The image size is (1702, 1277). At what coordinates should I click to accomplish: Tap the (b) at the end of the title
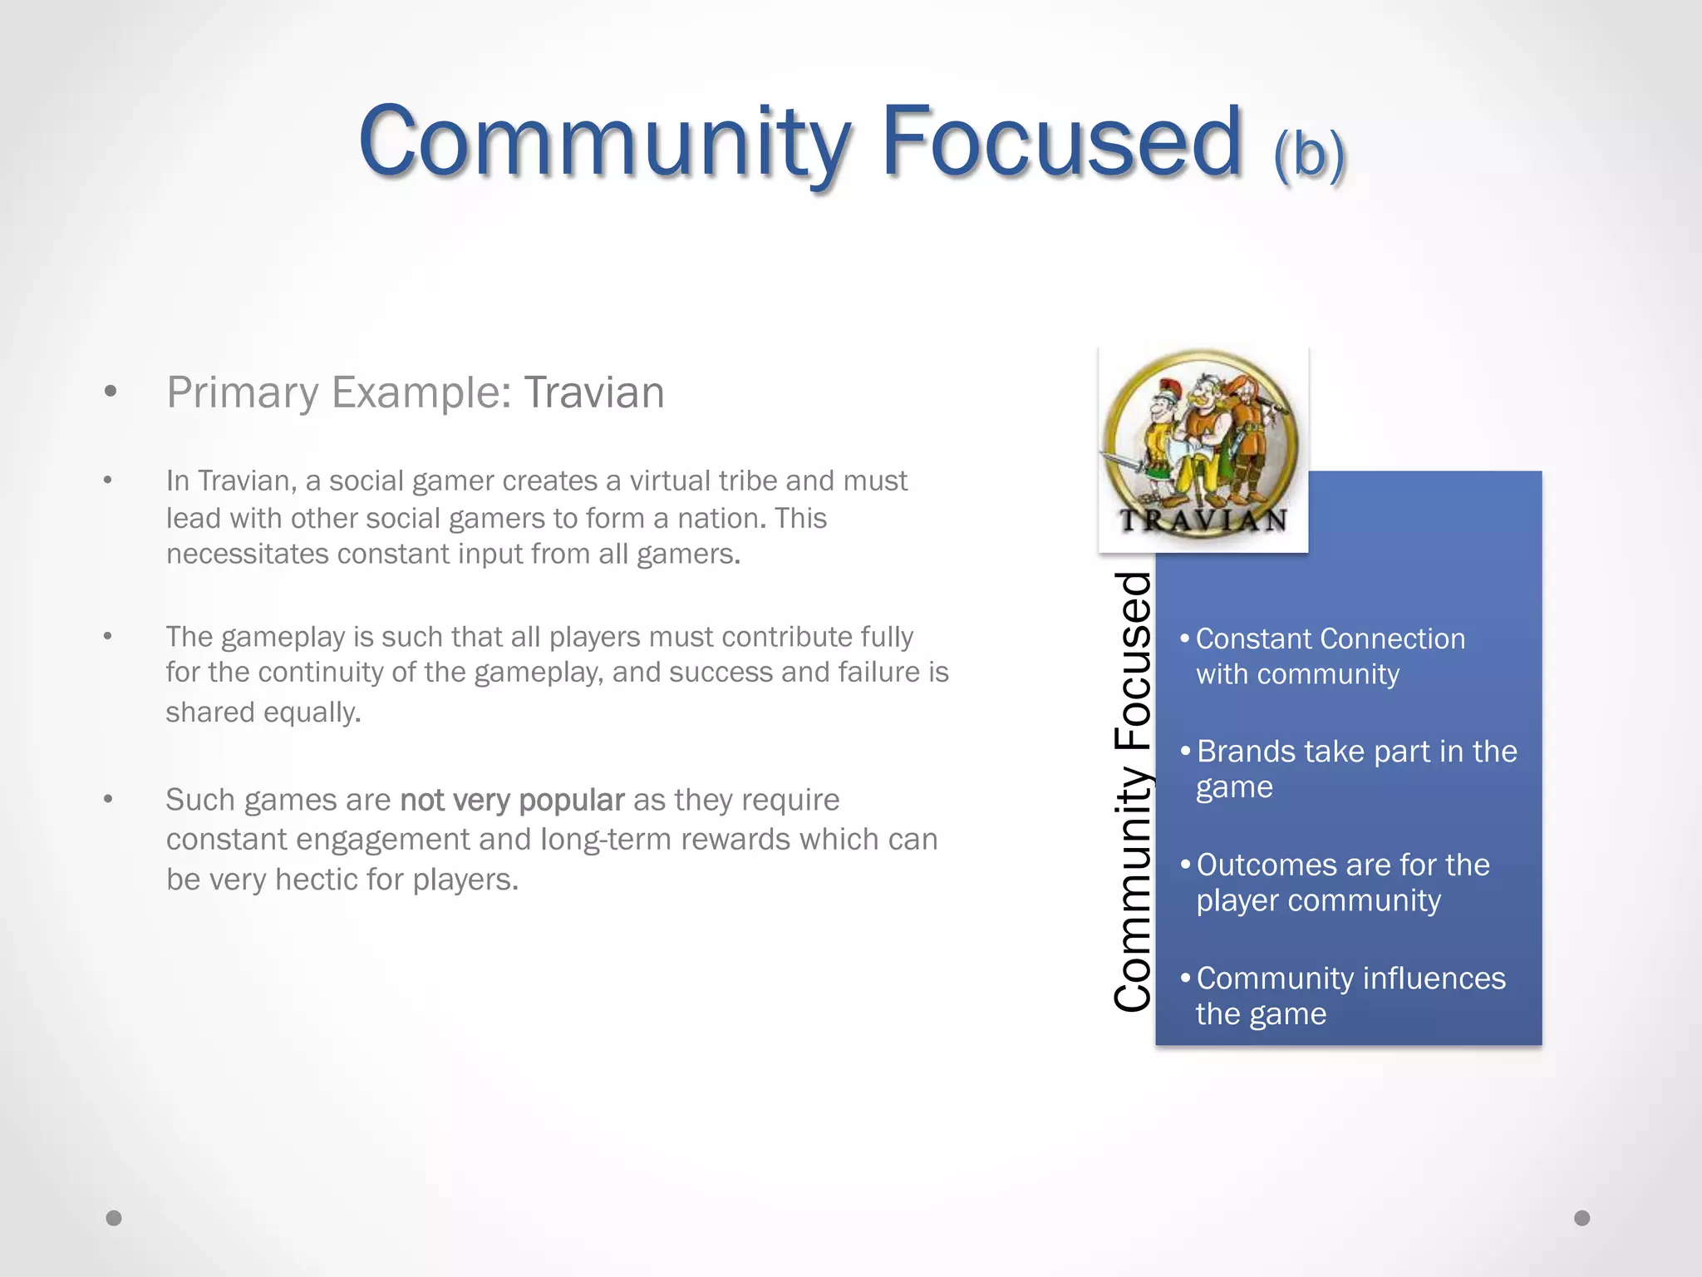(x=1309, y=153)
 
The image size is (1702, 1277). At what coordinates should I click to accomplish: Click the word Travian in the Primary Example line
(x=593, y=392)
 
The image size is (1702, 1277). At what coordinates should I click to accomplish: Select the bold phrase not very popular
(x=511, y=800)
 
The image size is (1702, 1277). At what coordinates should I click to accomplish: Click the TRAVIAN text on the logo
(x=1203, y=521)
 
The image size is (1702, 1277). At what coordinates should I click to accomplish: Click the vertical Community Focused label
(x=1132, y=791)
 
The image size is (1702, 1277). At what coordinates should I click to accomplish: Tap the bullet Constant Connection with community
(x=1330, y=656)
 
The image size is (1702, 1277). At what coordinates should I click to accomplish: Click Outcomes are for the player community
(x=1341, y=882)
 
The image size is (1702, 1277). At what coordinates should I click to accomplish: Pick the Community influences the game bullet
(x=1350, y=995)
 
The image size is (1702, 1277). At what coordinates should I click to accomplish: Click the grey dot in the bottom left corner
(x=114, y=1218)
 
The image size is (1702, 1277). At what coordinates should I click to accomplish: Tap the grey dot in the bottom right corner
(x=1581, y=1218)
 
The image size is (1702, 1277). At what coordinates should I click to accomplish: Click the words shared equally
(x=263, y=712)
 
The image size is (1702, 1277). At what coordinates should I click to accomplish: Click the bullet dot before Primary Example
(x=110, y=392)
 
